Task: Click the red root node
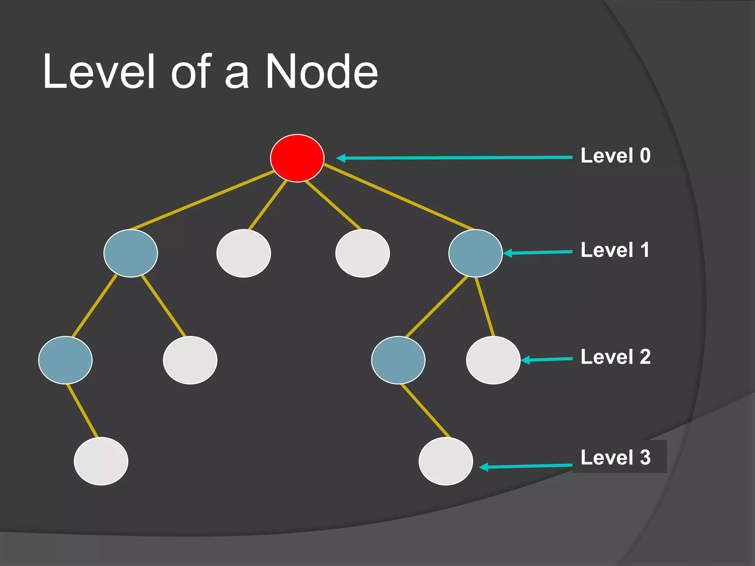point(297,158)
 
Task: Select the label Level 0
point(615,156)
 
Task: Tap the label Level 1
point(615,250)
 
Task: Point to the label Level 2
point(615,357)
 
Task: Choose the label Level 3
point(615,457)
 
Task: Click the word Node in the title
point(321,71)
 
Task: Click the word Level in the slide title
point(99,71)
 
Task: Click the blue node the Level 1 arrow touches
point(475,253)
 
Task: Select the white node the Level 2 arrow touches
point(493,360)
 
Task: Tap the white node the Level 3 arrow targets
point(446,461)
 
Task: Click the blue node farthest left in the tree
point(65,360)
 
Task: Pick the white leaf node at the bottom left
point(101,461)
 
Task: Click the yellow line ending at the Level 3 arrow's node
point(425,410)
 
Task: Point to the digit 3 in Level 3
point(645,457)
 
